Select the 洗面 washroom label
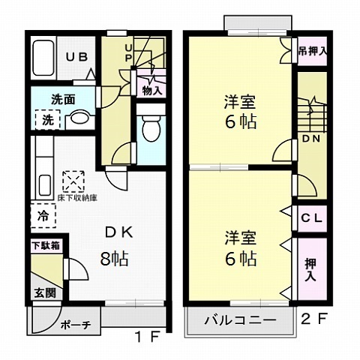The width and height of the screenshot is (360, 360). pyautogui.click(x=45, y=98)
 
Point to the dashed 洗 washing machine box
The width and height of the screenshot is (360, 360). pyautogui.click(x=46, y=119)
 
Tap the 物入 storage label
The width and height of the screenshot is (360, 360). pyautogui.click(x=152, y=90)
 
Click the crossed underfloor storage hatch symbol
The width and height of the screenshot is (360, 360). pyautogui.click(x=74, y=181)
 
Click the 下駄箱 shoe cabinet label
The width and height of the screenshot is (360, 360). pyautogui.click(x=46, y=245)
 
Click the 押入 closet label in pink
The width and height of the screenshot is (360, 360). pyautogui.click(x=310, y=269)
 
